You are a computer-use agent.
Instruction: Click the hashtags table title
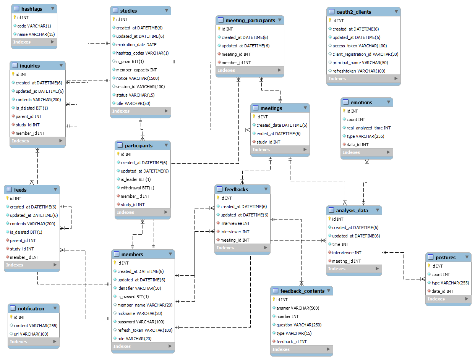[32, 8]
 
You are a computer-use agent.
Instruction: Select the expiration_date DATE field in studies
[136, 45]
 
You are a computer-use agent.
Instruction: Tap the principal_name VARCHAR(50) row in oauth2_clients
[360, 63]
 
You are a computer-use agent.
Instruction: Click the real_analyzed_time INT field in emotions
[368, 128]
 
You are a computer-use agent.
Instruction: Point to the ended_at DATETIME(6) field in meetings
[278, 134]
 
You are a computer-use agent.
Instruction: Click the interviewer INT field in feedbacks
[235, 232]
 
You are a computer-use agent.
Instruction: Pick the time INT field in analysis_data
[340, 244]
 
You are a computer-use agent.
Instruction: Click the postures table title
[446, 257]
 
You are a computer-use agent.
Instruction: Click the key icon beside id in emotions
[344, 111]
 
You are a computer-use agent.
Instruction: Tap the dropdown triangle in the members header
[170, 254]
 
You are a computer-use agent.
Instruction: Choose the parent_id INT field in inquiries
[28, 116]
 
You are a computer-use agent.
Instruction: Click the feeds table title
[20, 190]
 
